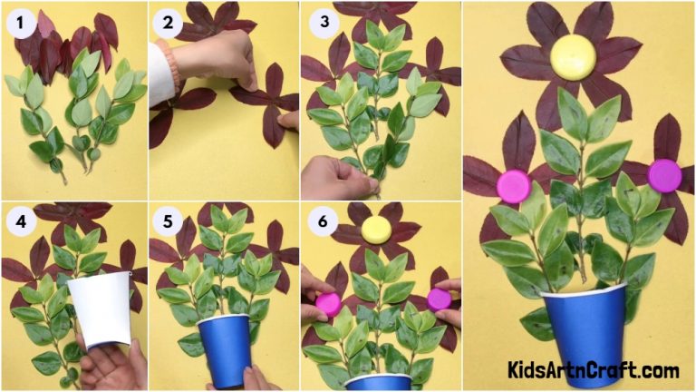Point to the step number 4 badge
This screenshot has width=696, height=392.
[x=20, y=220]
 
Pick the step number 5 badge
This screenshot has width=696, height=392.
[x=168, y=220]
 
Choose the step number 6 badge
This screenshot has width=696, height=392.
[x=321, y=220]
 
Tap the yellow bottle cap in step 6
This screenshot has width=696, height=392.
[x=376, y=230]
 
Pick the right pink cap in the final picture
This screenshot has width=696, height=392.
[x=664, y=175]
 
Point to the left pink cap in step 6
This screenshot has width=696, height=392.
[x=327, y=304]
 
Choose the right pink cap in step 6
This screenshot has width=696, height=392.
[x=440, y=299]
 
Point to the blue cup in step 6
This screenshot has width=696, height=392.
[x=379, y=381]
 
